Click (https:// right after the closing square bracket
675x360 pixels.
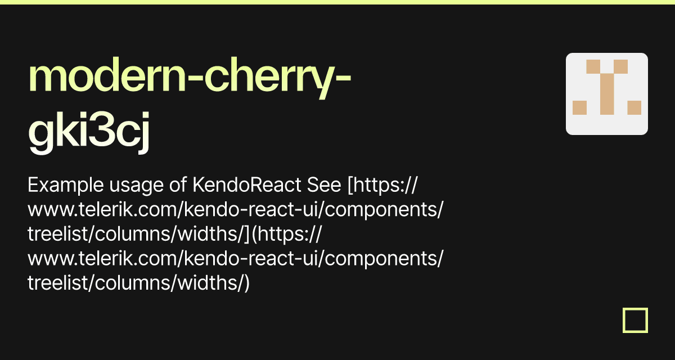tap(286, 235)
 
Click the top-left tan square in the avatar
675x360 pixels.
tap(593, 66)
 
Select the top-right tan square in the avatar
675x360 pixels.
tap(620, 66)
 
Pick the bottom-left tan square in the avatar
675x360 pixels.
tap(579, 107)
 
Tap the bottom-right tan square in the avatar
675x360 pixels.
tap(634, 107)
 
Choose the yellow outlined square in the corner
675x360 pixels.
tap(635, 320)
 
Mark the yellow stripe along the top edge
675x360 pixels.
tap(337, 2)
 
